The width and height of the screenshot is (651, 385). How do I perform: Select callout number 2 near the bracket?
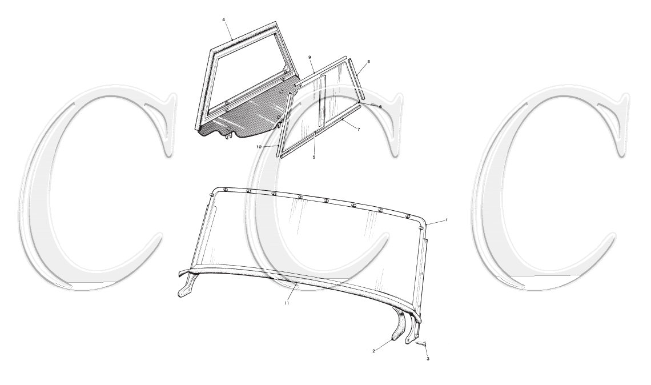click(374, 351)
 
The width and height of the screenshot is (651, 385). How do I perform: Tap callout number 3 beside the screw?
click(428, 359)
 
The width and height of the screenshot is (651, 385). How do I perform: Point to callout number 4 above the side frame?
click(223, 19)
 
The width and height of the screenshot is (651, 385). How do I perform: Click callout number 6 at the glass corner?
click(380, 107)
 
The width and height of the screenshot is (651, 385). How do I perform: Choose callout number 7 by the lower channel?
click(359, 130)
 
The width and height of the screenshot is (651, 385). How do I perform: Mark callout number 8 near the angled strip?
click(369, 61)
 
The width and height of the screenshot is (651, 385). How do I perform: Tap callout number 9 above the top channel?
click(309, 58)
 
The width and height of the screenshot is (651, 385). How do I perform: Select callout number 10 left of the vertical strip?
click(258, 147)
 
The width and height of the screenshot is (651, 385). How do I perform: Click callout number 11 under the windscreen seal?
click(287, 303)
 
